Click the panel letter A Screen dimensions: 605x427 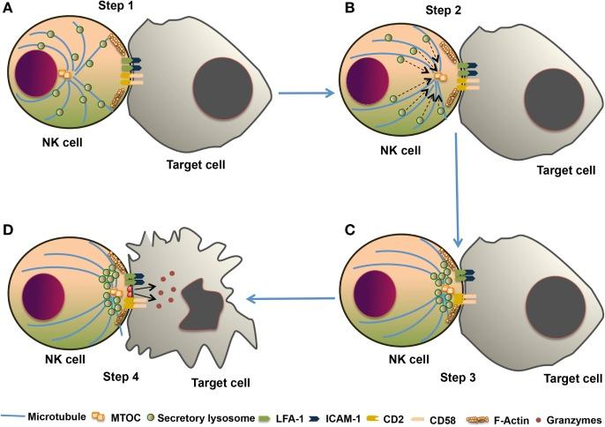[8, 8]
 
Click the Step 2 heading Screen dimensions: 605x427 [444, 10]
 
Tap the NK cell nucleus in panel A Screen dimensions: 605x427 [36, 73]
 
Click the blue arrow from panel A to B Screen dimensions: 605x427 [306, 93]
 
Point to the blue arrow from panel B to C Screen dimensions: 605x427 [457, 190]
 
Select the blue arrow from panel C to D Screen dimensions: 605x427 [290, 298]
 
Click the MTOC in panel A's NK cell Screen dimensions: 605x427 [64, 75]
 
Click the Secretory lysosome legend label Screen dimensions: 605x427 [206, 418]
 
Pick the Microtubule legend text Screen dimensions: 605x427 [56, 417]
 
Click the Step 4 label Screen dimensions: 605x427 [121, 377]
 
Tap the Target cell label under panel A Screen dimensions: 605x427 [196, 165]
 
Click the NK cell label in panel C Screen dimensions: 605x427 [408, 359]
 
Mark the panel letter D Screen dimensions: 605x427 [8, 230]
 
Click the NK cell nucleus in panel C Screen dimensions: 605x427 [375, 294]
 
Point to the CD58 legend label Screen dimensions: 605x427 [443, 420]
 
